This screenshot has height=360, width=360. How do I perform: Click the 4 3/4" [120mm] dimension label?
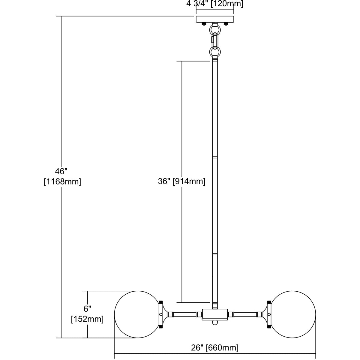coord(215,4)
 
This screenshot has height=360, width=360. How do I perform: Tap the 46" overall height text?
coord(61,171)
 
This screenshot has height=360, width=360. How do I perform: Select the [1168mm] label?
coord(62,181)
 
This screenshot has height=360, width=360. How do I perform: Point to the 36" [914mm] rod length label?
coord(181,181)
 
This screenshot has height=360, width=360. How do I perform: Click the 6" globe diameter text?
coord(87,309)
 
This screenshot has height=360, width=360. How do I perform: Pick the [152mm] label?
coord(87,319)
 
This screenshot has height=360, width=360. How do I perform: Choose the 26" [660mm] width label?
coord(215,348)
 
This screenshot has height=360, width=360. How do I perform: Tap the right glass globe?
coord(292,317)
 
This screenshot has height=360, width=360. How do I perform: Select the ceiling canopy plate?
coord(215,19)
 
